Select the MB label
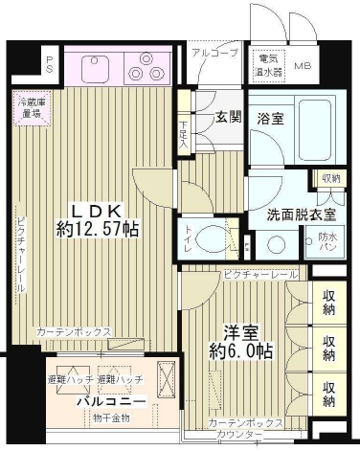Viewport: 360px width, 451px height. (x=302, y=66)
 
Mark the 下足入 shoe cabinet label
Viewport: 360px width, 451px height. (x=184, y=131)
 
